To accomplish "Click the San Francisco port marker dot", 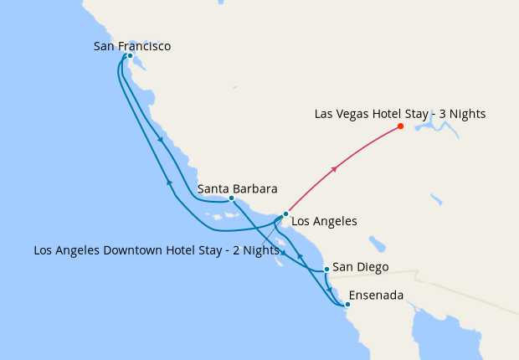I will point(130,56).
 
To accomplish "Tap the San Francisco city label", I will point(132,46).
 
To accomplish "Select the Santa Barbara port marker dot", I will point(231,198).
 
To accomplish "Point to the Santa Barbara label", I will point(237,188).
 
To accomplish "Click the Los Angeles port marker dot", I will point(285,214).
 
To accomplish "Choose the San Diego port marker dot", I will point(326,270).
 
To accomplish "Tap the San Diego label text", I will point(361,268).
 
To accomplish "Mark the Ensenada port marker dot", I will point(347,305).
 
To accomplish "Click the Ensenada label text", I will point(376,296).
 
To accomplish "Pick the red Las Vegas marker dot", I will point(400,126).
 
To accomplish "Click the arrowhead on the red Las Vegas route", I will point(334,170).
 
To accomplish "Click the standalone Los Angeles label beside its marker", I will point(323,222).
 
